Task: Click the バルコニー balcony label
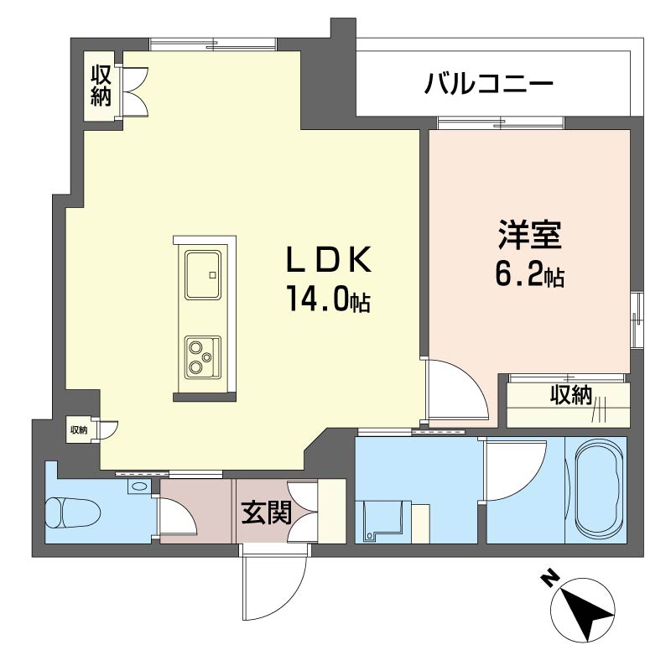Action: [x=489, y=84]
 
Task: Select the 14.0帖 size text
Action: [x=329, y=299]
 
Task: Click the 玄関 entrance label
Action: [x=263, y=512]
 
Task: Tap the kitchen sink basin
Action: [x=201, y=273]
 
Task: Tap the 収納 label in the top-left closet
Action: [x=101, y=86]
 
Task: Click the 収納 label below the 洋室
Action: [x=571, y=395]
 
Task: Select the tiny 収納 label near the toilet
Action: [x=78, y=430]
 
